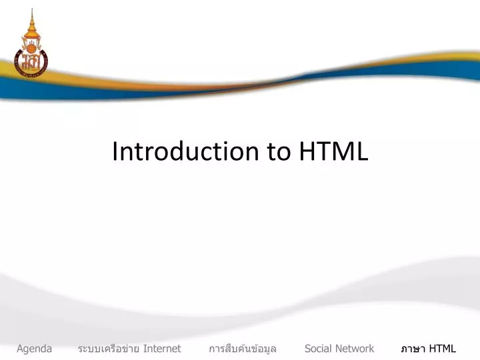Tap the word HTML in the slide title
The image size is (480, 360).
click(333, 152)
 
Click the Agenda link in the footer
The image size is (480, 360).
click(35, 349)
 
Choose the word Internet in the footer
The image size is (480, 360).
click(162, 349)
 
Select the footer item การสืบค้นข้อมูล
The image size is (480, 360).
click(243, 349)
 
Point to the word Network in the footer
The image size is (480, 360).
click(355, 349)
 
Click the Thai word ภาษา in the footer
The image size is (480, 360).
click(413, 349)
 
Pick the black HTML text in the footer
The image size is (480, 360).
click(443, 349)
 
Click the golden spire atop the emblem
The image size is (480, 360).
click(30, 20)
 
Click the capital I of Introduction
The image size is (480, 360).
click(115, 152)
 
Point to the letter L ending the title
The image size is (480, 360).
click(362, 152)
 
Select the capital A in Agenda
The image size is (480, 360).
click(20, 349)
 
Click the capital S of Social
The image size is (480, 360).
click(307, 349)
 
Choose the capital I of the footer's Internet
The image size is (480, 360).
click(145, 349)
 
